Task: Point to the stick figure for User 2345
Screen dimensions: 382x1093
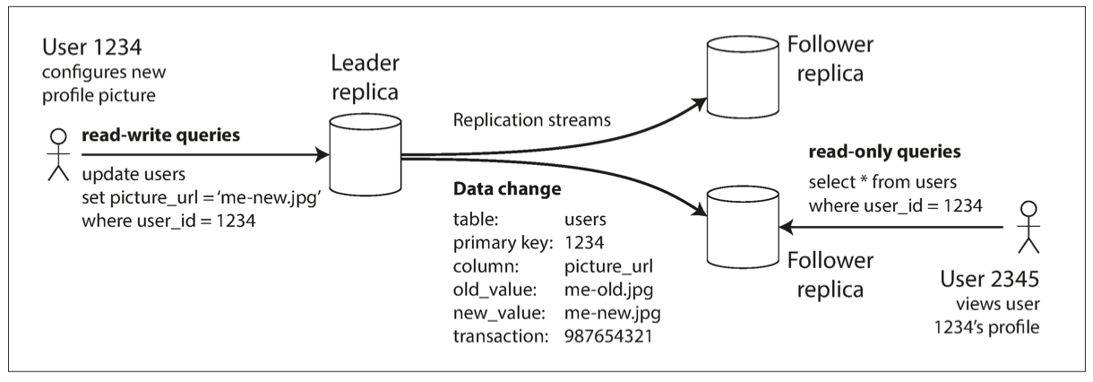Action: tap(1028, 230)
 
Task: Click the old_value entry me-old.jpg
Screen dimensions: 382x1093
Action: tap(610, 288)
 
